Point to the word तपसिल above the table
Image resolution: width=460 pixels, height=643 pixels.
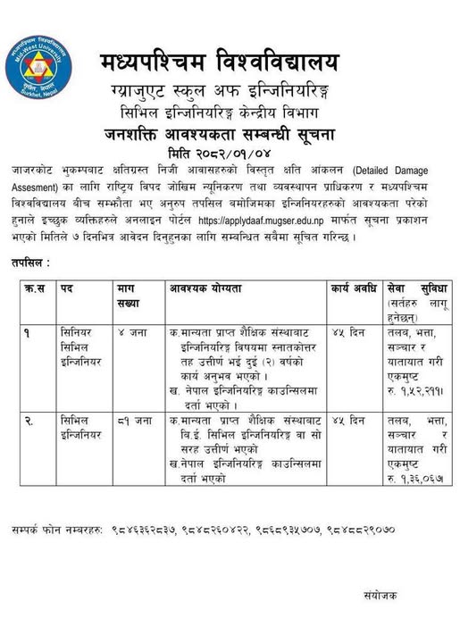tap(30, 264)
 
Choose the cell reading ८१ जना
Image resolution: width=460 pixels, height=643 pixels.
tap(130, 419)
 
